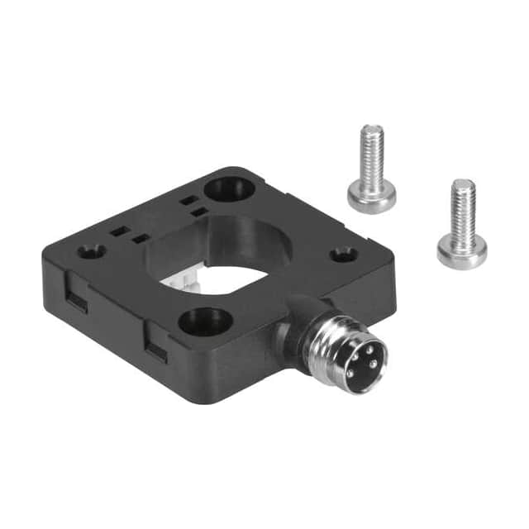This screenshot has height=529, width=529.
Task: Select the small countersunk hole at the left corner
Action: click(93, 250)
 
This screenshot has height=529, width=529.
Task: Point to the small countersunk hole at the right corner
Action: click(344, 254)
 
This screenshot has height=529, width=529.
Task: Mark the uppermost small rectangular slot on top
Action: click(189, 200)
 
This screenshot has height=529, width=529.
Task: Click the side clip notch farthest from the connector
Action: click(77, 299)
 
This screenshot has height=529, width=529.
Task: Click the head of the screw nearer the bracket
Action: click(371, 197)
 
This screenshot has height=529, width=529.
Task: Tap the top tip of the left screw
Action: click(374, 129)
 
